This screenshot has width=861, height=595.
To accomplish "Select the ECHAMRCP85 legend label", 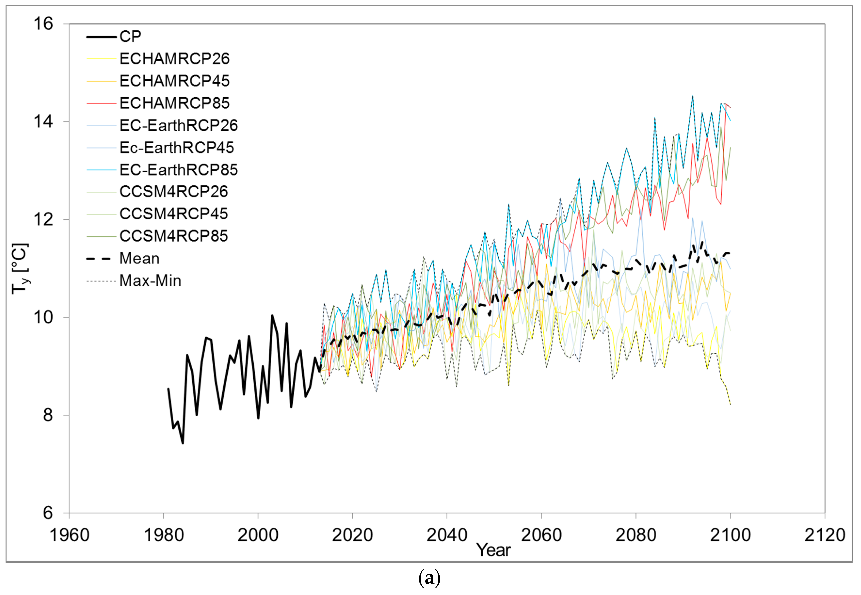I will tap(174, 103).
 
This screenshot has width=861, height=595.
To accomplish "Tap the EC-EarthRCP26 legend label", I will tap(178, 126).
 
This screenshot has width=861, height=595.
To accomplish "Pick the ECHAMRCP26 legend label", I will tap(174, 59).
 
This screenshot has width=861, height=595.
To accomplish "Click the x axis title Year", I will tap(493, 550).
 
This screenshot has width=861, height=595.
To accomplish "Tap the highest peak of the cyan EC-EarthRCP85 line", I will tap(692, 96).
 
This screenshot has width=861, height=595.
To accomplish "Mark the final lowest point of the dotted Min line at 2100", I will tap(730, 405).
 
